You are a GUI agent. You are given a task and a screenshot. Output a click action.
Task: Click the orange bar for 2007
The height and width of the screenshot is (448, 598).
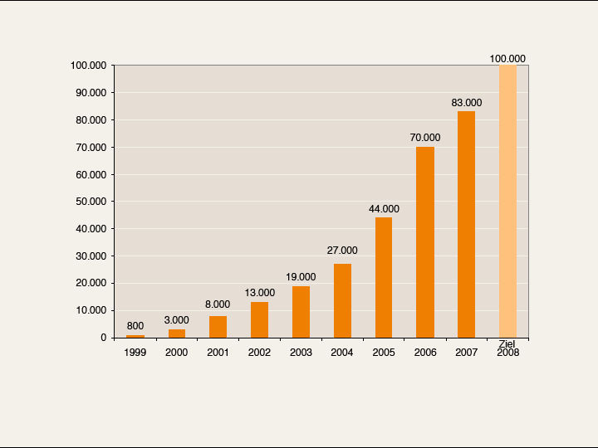[466, 224]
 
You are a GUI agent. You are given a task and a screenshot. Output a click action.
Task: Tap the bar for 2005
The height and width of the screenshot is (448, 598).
[384, 277]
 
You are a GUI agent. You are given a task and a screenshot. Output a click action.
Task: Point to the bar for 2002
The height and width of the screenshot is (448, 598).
[259, 319]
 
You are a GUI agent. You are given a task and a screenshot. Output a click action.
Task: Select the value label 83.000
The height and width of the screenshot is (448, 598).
[467, 103]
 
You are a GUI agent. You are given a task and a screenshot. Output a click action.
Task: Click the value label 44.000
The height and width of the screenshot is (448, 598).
[384, 209]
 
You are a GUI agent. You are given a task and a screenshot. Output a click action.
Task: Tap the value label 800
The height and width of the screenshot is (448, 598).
[135, 326]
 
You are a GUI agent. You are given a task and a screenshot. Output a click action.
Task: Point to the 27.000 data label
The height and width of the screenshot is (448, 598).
[342, 251]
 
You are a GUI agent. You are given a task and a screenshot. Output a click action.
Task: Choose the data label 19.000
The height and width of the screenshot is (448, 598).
[301, 277]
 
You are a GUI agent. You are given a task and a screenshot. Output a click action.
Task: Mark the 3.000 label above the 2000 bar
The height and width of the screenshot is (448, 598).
[176, 320]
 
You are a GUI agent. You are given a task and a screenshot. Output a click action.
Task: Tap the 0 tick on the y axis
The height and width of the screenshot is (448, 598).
[104, 338]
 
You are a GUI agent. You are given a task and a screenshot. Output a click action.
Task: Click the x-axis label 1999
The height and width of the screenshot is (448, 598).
[135, 353]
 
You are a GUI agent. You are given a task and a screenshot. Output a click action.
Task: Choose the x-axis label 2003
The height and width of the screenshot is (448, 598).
[301, 353]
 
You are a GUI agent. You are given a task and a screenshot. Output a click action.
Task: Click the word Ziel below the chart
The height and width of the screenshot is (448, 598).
[507, 344]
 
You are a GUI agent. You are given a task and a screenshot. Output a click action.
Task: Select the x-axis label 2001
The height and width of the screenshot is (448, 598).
[218, 353]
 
